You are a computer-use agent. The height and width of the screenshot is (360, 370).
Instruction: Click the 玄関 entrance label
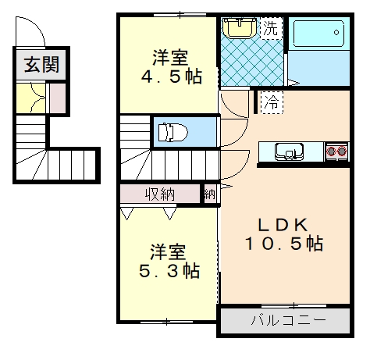pos(41,64)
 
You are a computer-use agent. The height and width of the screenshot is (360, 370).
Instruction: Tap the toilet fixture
pos(173,132)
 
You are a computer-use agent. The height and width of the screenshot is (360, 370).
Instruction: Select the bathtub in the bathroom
pos(318,34)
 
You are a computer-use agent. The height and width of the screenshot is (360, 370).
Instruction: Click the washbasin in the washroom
pos(240,27)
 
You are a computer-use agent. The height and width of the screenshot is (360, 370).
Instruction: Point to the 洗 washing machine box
pos(271,28)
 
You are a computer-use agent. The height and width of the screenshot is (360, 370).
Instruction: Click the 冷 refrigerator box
pos(272,102)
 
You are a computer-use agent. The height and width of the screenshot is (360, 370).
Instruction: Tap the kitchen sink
pos(290,151)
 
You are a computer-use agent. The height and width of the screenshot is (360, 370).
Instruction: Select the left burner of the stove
pos(332,151)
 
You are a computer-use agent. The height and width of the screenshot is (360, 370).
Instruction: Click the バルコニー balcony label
pos(288,320)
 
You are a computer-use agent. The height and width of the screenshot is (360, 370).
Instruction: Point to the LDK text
pos(283,225)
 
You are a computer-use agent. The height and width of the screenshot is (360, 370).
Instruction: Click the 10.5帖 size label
pos(284,244)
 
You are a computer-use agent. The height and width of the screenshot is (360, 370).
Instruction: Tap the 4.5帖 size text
pos(172,77)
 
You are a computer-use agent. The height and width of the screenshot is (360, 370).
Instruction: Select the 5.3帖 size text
pos(169,271)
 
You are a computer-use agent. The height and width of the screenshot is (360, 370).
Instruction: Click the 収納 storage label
pos(159,194)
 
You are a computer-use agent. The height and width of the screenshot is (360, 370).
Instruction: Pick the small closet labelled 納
pos(210,194)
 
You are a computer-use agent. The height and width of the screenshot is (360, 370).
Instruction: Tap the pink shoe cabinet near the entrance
pos(58,98)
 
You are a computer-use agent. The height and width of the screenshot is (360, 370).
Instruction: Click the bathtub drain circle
pos(336,33)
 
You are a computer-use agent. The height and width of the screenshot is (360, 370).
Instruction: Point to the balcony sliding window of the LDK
pos(294,305)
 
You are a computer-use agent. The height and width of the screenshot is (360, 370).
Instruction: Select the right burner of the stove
pos(342,151)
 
